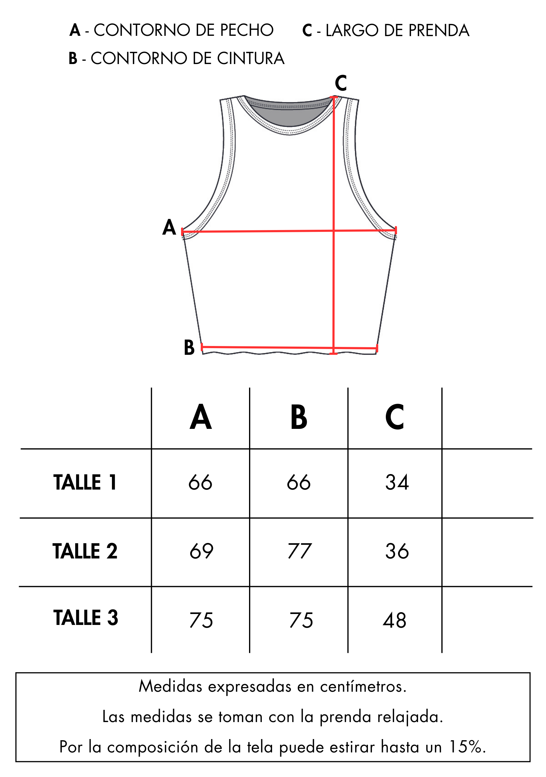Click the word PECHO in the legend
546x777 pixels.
(x=247, y=30)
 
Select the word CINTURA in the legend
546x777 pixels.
(x=251, y=58)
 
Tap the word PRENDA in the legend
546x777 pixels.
(x=439, y=30)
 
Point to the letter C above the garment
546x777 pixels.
(x=341, y=83)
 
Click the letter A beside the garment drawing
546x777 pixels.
(x=169, y=227)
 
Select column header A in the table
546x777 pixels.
(x=201, y=417)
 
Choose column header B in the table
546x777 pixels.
(x=299, y=417)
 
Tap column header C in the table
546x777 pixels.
(x=394, y=417)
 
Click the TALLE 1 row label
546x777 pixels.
(x=85, y=482)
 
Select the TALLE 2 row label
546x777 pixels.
(x=85, y=551)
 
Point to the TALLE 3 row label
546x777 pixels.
(x=86, y=618)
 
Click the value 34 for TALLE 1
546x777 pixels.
(x=397, y=482)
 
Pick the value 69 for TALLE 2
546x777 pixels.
(x=201, y=551)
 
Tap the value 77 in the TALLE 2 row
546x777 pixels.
(x=299, y=551)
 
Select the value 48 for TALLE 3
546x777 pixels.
(x=394, y=620)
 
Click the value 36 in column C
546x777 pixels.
(x=397, y=551)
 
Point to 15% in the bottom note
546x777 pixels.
(x=467, y=747)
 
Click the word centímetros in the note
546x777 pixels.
(x=363, y=687)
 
